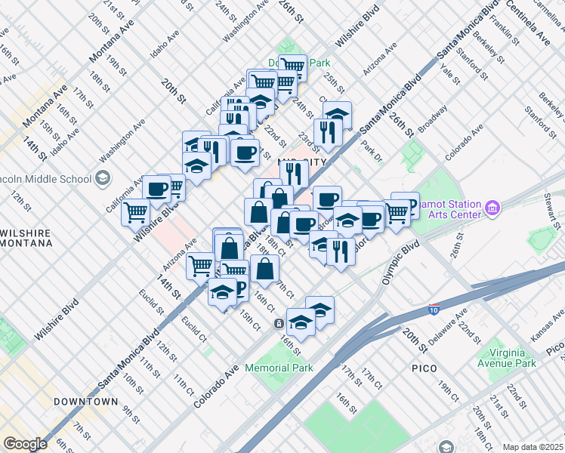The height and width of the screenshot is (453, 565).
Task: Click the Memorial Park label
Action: (x=279, y=368)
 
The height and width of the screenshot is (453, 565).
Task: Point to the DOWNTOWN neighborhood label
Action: (x=86, y=402)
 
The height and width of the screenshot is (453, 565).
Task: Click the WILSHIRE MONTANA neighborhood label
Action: (x=26, y=237)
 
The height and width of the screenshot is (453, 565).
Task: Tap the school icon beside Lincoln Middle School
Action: (x=103, y=179)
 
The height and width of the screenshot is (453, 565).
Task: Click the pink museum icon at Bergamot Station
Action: (x=492, y=206)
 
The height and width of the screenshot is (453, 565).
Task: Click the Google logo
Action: (x=24, y=444)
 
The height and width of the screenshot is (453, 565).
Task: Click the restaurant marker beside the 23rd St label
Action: (x=327, y=131)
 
